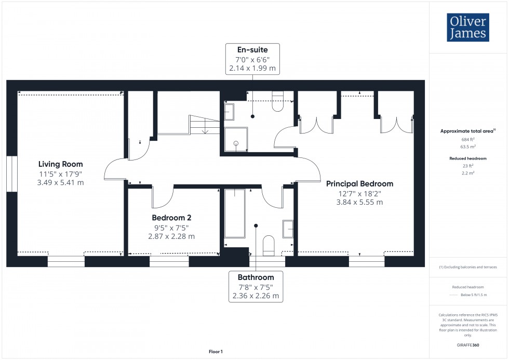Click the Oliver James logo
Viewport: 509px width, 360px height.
coord(467,28)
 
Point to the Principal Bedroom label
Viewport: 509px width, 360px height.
coord(359,183)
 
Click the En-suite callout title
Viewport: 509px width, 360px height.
coord(252,50)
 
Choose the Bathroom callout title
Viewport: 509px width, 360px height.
coord(256,277)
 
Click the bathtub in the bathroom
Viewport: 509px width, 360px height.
coord(235,214)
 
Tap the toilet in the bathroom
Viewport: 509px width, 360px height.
coord(269,245)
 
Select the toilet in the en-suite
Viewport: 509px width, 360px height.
coord(277,102)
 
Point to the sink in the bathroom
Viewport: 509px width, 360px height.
coord(288,229)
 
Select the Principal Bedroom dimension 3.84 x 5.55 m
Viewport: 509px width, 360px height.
coord(359,202)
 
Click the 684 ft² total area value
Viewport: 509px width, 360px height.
coord(468,139)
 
